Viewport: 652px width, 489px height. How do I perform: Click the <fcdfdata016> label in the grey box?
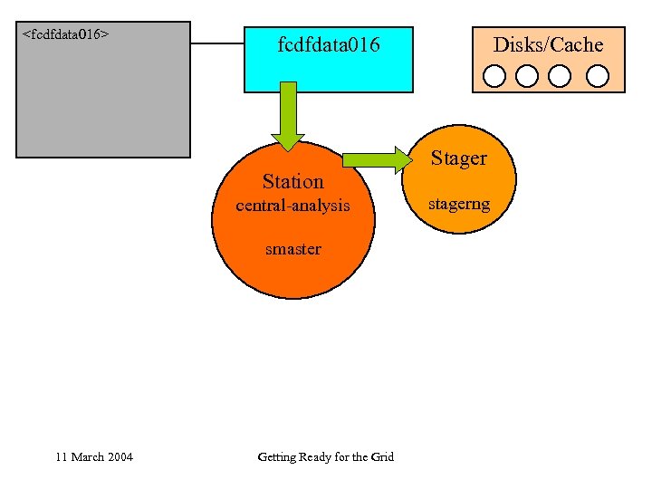click(65, 34)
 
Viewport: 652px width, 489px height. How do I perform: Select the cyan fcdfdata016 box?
click(328, 60)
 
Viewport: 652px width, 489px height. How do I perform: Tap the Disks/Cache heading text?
click(548, 44)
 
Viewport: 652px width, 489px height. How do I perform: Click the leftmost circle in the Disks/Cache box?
click(494, 75)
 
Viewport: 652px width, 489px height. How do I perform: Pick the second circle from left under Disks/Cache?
click(527, 75)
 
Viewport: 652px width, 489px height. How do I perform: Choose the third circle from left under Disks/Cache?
click(560, 75)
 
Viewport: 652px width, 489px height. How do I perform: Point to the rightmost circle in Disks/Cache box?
click(597, 75)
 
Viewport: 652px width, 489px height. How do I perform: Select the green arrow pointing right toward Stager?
click(376, 160)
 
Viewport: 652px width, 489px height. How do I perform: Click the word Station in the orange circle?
click(292, 181)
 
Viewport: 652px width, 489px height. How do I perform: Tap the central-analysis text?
click(292, 206)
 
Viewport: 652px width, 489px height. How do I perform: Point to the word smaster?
click(292, 248)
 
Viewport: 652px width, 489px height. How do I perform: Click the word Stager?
click(458, 158)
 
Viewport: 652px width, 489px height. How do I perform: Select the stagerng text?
click(459, 204)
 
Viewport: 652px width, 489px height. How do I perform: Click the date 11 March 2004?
click(93, 456)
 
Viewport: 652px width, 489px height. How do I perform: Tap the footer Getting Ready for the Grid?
click(325, 456)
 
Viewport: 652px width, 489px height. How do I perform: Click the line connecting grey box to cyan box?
click(217, 43)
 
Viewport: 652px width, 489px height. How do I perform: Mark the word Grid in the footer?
click(382, 456)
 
